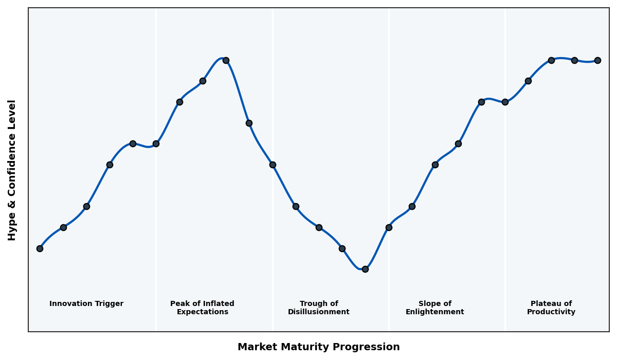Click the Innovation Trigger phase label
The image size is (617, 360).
point(86,304)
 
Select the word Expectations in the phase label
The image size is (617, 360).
point(203,312)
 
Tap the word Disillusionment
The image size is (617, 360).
point(319,312)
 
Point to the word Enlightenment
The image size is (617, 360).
point(435,312)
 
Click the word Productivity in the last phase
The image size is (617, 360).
point(551,312)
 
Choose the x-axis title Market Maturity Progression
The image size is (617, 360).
point(319,347)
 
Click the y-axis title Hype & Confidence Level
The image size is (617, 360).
point(12,170)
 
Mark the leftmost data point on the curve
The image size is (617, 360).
point(40,248)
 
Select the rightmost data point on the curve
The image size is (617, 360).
point(597,60)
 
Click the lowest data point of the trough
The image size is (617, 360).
point(365,269)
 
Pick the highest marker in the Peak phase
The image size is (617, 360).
point(226,60)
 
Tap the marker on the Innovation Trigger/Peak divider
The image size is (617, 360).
point(156,143)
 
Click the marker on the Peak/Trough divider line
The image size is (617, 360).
point(273,165)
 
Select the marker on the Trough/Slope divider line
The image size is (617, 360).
point(389,227)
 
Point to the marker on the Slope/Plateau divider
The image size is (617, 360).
point(505,102)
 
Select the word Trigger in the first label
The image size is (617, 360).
point(109,304)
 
